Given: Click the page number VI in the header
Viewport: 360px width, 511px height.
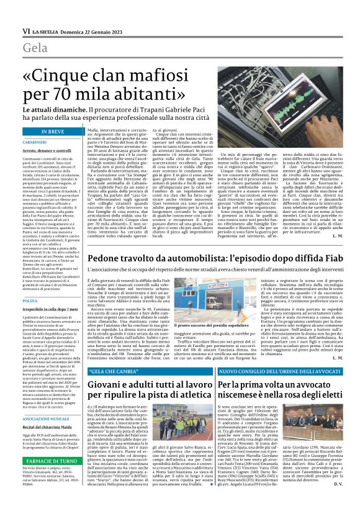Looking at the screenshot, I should [25, 30].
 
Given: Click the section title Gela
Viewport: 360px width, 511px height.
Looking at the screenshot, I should [35, 48].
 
